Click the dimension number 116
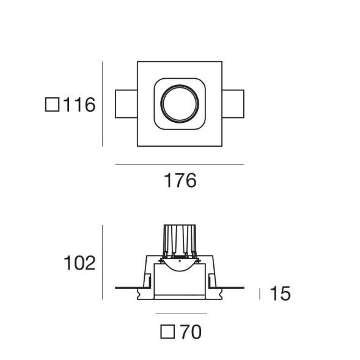click(79, 105)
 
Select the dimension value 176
click(180, 181)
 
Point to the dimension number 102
click(79, 263)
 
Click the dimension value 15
click(279, 294)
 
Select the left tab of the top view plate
click(126, 104)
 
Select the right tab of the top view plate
click(233, 104)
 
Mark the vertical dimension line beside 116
click(103, 104)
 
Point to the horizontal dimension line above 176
click(179, 164)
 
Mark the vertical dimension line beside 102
click(103, 263)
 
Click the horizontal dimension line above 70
click(179, 314)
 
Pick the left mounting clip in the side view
click(147, 282)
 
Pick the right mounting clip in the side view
click(211, 282)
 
